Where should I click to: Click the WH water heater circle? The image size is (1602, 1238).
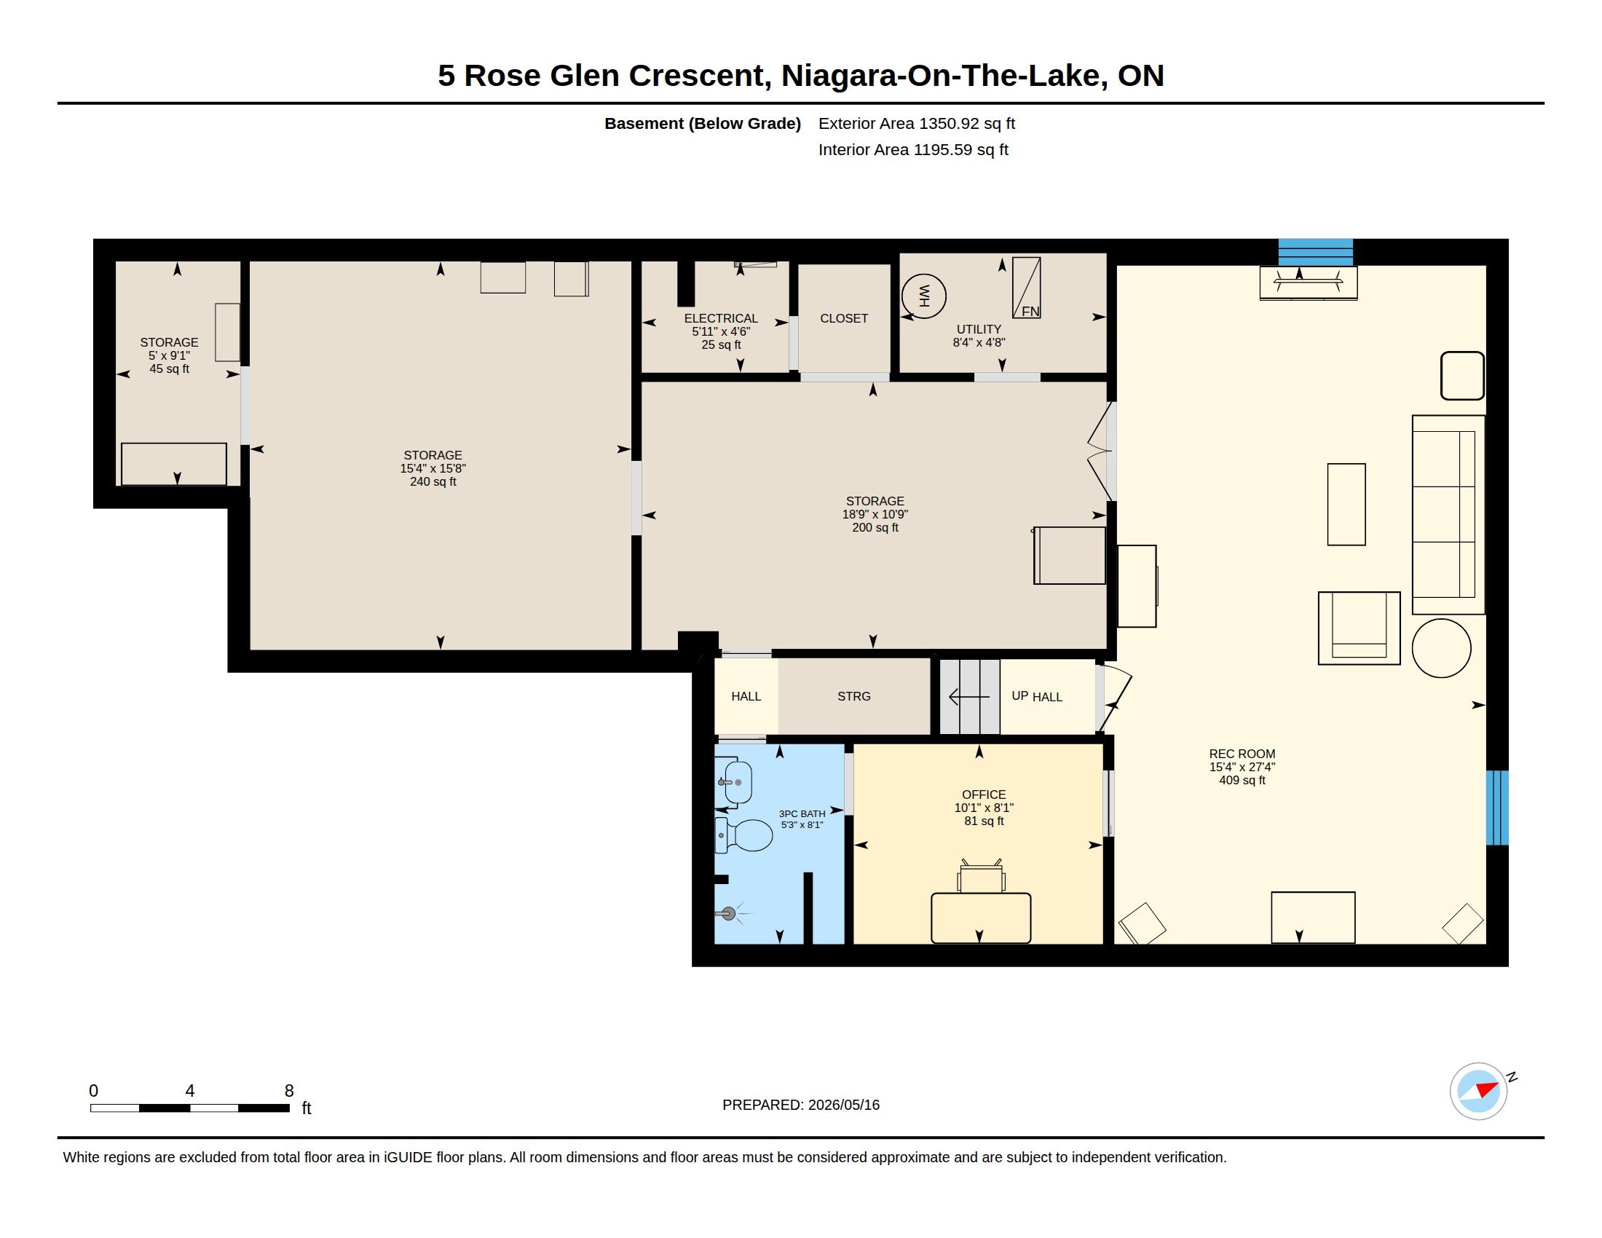click(923, 296)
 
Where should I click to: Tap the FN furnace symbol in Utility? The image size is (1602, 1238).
click(1026, 288)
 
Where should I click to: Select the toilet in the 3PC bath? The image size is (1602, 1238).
click(743, 835)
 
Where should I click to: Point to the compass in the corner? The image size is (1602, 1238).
click(1478, 1091)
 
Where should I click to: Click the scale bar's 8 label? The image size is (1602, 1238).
click(289, 1091)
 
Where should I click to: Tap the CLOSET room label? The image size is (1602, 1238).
click(843, 318)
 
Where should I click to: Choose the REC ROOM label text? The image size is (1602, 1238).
click(1242, 754)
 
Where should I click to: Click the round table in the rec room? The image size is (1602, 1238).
click(1441, 648)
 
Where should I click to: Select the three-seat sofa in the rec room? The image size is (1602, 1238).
click(1448, 515)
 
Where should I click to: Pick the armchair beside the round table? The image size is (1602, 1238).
click(1360, 628)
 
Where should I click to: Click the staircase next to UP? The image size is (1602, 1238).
click(970, 697)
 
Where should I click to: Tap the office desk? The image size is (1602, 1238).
click(981, 918)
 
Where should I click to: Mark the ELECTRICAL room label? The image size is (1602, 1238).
click(721, 318)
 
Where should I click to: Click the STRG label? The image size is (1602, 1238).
click(854, 696)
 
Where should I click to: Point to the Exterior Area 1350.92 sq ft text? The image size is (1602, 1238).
click(917, 123)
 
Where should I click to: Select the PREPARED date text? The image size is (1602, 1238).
click(801, 1105)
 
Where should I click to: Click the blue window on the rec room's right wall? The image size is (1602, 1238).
click(1497, 808)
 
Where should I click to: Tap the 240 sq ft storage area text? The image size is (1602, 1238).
click(433, 482)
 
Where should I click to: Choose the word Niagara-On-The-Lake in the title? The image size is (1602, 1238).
click(944, 76)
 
